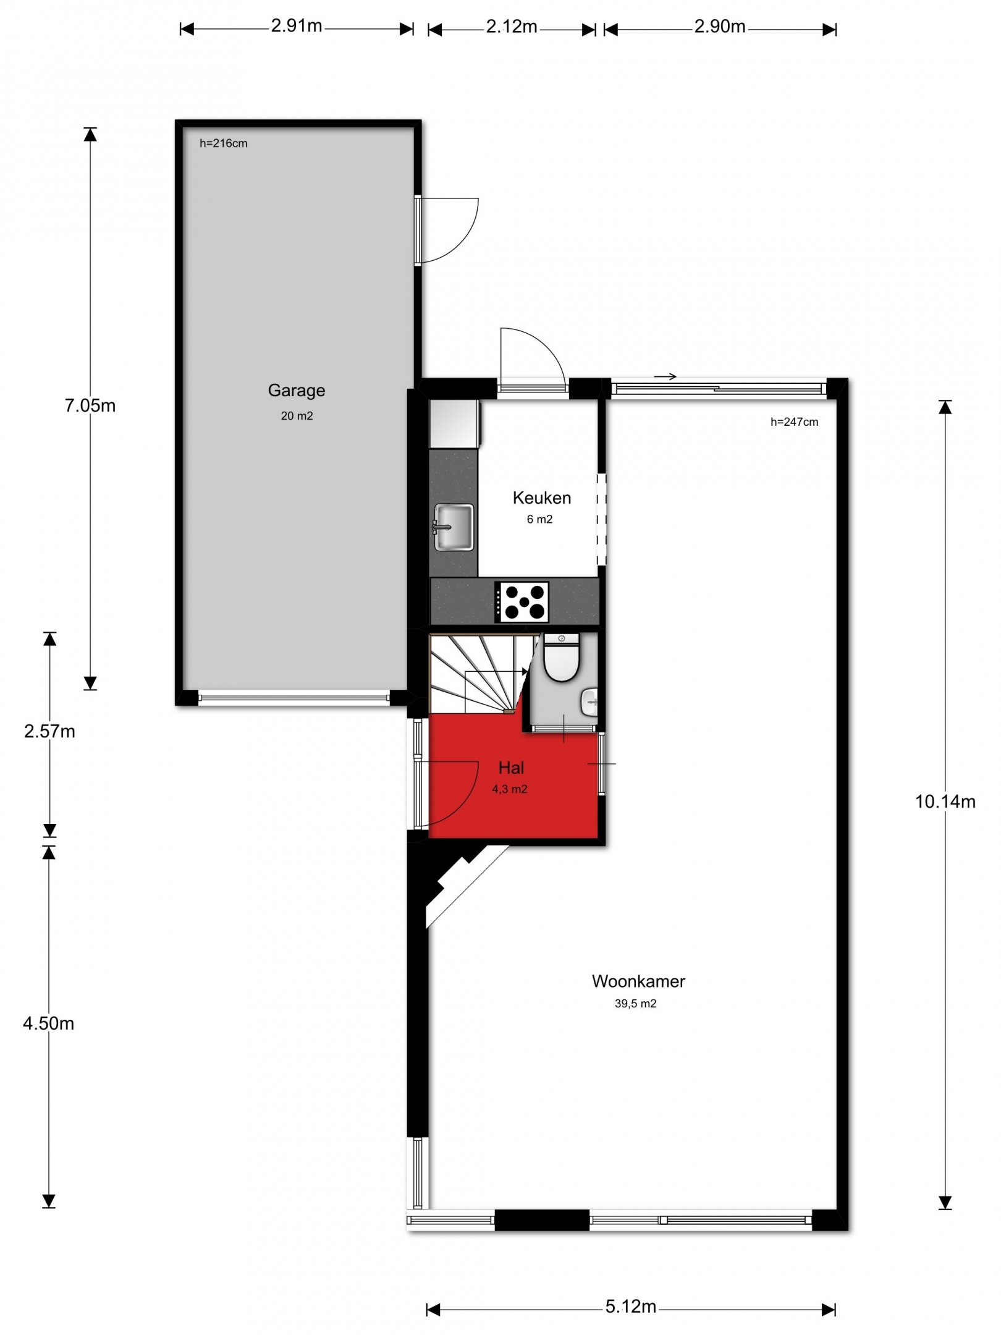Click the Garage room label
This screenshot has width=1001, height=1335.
pos(296,391)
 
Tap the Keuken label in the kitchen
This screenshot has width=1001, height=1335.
pos(541,498)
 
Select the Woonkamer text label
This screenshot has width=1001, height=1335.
pos(638,981)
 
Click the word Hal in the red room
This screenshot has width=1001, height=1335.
pos(511,768)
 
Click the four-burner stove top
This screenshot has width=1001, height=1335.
pos(522,602)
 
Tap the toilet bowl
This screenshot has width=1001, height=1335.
pos(561,659)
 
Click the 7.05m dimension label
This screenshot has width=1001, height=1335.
pos(90,405)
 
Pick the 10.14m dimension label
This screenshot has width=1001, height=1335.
pos(945,802)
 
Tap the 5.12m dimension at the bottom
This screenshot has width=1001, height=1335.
pos(630,1307)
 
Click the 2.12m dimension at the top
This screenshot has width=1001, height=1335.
pos(511,27)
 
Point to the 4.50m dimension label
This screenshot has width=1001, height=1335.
pos(48,1023)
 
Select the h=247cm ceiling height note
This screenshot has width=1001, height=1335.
pos(794,422)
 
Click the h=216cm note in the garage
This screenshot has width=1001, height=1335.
pos(223,143)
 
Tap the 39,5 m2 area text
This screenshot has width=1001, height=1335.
pos(635,1004)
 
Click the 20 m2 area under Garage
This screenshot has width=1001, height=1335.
pos(297,416)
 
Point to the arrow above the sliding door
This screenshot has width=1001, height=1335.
pos(665,376)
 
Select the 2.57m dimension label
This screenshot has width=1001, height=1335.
pos(49,732)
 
